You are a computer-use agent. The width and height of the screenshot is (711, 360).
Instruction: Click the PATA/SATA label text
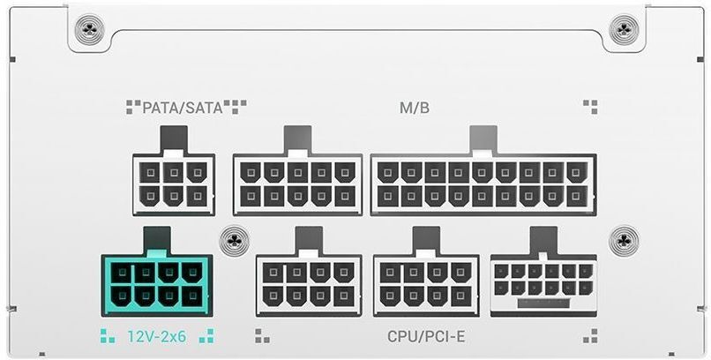pyautogui.click(x=183, y=108)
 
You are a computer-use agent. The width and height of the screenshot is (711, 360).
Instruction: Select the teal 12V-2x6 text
pyautogui.click(x=156, y=336)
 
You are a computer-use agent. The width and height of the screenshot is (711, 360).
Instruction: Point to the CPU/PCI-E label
pyautogui.click(x=426, y=337)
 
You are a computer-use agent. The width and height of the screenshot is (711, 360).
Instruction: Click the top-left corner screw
pyautogui.click(x=89, y=29)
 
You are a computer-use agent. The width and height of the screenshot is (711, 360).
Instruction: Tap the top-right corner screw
pyautogui.click(x=624, y=29)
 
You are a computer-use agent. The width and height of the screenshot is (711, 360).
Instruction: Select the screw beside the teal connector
pyautogui.click(x=235, y=240)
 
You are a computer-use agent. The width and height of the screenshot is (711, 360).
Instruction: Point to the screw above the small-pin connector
pyautogui.click(x=625, y=240)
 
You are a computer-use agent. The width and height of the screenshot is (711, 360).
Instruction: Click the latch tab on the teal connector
pyautogui.click(x=157, y=240)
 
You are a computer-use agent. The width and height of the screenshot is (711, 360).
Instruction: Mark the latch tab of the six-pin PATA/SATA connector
pyautogui.click(x=174, y=139)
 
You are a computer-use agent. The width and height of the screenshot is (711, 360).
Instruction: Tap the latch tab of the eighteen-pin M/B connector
pyautogui.click(x=483, y=139)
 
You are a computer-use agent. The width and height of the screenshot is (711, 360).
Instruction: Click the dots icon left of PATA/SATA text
pyautogui.click(x=133, y=107)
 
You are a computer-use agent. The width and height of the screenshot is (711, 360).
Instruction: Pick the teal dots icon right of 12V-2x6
pyautogui.click(x=206, y=336)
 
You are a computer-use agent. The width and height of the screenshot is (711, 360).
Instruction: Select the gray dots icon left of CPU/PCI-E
pyautogui.click(x=262, y=336)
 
